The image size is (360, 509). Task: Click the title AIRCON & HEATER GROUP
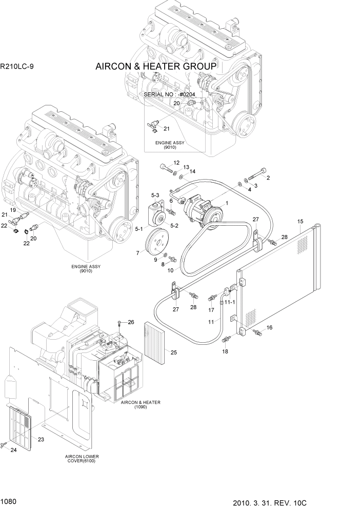pos(156,67)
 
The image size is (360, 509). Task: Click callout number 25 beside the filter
pos(173,353)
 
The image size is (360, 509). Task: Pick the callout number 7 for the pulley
pos(137,253)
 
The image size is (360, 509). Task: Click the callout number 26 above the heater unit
pos(131,322)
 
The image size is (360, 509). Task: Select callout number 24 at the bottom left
pos(13,451)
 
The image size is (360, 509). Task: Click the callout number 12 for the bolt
pos(176,163)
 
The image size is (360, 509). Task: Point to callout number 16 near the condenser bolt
pos(270,327)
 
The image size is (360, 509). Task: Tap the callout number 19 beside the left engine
pos(14,210)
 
